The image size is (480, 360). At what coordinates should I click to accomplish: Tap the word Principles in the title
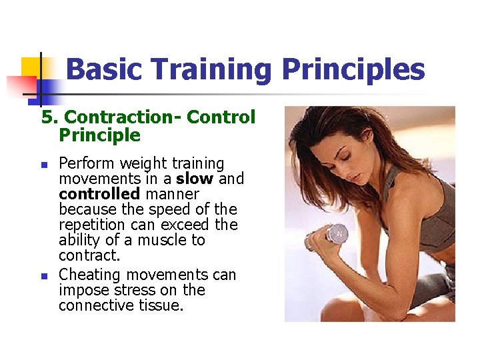click(x=353, y=70)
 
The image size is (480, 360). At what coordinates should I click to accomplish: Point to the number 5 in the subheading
click(x=47, y=117)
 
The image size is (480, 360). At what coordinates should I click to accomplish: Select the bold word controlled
click(x=99, y=194)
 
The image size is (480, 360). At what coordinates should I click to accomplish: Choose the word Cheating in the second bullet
click(x=89, y=275)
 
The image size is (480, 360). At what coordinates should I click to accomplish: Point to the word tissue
click(x=165, y=305)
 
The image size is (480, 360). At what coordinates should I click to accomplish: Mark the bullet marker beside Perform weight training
click(x=44, y=164)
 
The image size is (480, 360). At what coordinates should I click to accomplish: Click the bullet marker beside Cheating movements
click(x=44, y=275)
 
